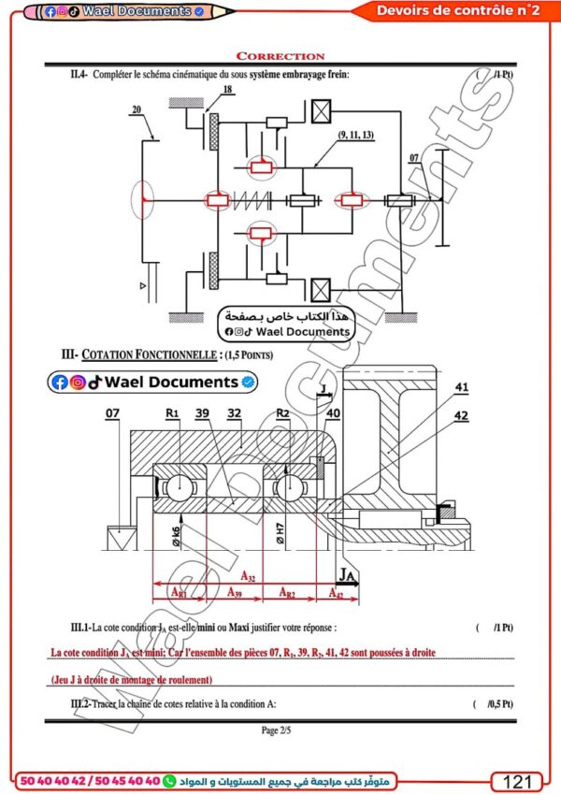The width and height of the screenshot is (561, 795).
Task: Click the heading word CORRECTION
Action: coord(280,56)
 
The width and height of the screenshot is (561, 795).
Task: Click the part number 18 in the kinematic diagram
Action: coord(227,90)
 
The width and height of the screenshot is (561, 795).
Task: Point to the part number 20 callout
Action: coord(137,109)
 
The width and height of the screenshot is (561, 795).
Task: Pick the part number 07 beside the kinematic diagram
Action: coord(414,157)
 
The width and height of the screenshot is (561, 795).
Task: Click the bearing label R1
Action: coord(172,412)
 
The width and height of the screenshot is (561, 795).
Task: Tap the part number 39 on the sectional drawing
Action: coord(203,412)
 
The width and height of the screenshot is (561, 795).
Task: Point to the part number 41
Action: coord(461,386)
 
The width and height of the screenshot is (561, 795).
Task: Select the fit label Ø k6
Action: coord(176,535)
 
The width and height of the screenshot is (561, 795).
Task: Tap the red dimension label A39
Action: coord(237,593)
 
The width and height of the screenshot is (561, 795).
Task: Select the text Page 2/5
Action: coord(280,729)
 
